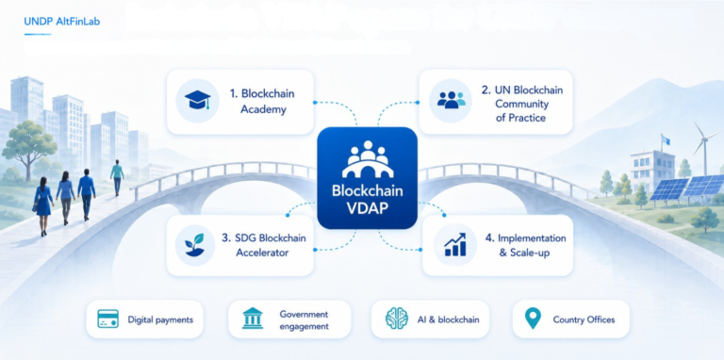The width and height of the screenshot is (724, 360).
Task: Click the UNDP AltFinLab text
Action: pyautogui.click(x=61, y=22)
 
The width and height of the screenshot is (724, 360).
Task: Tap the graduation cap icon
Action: pyautogui.click(x=197, y=100)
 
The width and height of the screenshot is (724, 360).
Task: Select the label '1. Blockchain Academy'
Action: pyautogui.click(x=262, y=102)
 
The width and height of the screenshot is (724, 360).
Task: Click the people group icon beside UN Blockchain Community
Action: pyautogui.click(x=452, y=100)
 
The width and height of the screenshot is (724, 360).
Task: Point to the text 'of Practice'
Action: pyautogui.click(x=520, y=118)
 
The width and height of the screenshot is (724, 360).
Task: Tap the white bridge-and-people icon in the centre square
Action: pyautogui.click(x=368, y=159)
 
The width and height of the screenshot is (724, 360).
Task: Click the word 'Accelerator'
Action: pyautogui.click(x=262, y=253)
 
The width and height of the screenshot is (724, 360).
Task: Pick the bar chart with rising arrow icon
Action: pyautogui.click(x=454, y=245)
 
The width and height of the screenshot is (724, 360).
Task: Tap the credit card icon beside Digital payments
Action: pyautogui.click(x=108, y=319)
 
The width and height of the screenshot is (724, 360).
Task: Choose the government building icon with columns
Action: pyautogui.click(x=253, y=318)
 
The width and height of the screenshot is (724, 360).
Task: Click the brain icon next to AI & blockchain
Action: pyautogui.click(x=397, y=318)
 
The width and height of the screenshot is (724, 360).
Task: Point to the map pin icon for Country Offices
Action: pyautogui.click(x=533, y=319)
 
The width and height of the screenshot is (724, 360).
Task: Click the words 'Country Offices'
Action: pyautogui.click(x=584, y=319)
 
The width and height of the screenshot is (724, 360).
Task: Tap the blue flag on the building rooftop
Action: pyautogui.click(x=665, y=139)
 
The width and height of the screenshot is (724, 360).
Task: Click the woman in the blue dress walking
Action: pyautogui.click(x=43, y=205)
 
